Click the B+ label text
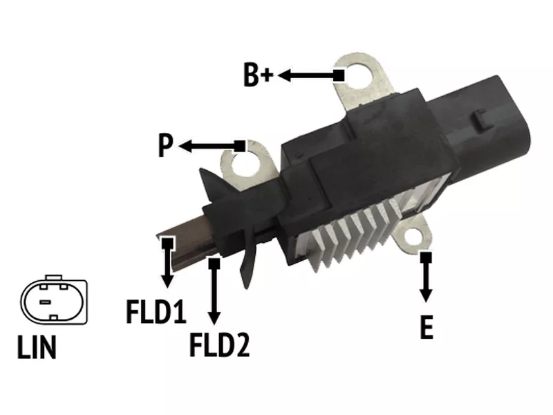pos(258,75)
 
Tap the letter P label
pos(165,145)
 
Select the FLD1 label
pos(156,311)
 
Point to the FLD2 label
pos(219,344)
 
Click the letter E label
pos(427,327)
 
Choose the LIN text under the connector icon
pos(37,347)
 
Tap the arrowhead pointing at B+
pos(284,75)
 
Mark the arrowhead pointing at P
pos(185,146)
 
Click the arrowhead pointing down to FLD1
pos(167,282)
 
